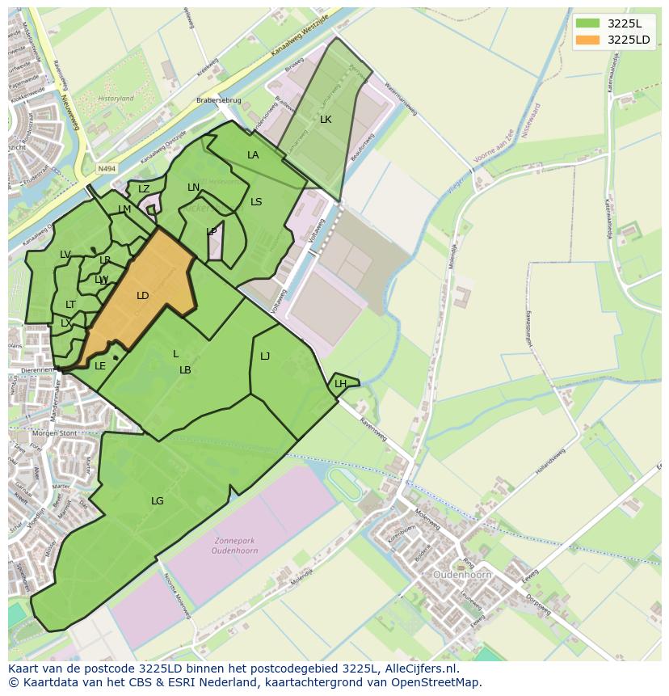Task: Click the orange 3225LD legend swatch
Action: (587, 40)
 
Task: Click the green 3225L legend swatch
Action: (587, 23)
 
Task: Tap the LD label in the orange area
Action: (143, 296)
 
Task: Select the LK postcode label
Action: (326, 120)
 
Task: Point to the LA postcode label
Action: (253, 155)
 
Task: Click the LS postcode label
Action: (256, 202)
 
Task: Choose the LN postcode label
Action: (193, 188)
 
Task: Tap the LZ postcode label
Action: (144, 189)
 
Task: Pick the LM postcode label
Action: (124, 209)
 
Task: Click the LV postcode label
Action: (65, 255)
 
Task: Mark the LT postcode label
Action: (70, 305)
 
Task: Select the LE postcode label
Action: (100, 366)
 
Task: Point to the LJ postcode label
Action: (265, 356)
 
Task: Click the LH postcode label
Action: (340, 384)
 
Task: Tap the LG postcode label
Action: (158, 501)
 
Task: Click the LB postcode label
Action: (185, 370)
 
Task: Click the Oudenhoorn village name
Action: (462, 575)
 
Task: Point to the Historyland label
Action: (115, 99)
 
